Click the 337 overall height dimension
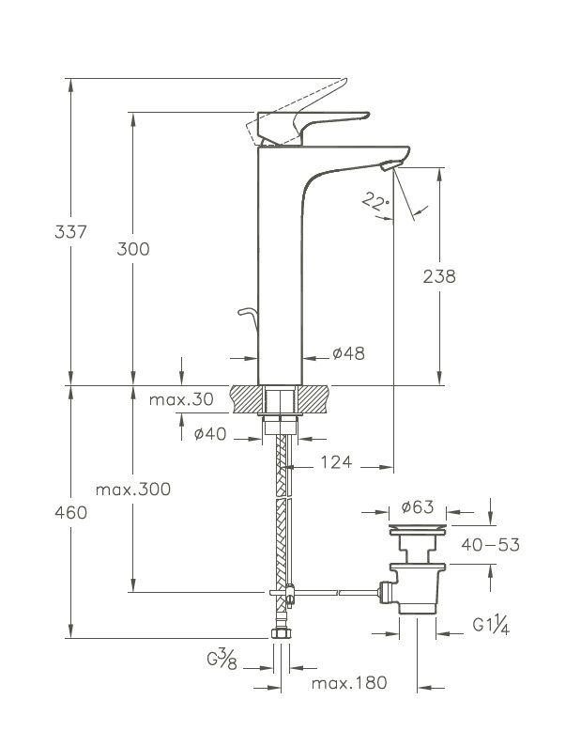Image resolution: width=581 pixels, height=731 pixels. (x=45, y=231)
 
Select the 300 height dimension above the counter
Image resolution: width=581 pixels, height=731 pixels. (x=133, y=249)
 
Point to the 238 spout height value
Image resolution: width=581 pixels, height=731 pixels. (x=439, y=276)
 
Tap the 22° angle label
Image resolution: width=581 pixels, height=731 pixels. (x=375, y=201)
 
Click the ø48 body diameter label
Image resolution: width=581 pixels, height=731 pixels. (x=348, y=354)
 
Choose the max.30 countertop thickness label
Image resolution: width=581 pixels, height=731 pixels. (x=181, y=399)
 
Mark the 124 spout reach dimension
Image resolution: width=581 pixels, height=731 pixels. (x=336, y=461)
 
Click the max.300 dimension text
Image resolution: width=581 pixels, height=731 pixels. (x=139, y=490)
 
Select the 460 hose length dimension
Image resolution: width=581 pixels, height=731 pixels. (x=45, y=512)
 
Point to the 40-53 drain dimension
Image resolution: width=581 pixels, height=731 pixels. (x=489, y=545)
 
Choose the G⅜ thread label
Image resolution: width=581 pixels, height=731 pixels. (x=221, y=661)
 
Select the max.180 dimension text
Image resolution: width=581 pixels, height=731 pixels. (x=349, y=683)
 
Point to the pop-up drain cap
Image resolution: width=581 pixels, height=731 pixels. (x=418, y=531)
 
